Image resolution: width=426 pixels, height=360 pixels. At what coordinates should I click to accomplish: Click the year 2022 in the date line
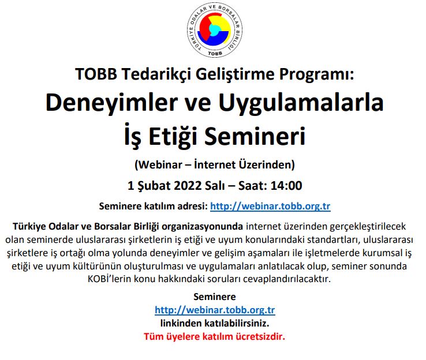(x=194, y=186)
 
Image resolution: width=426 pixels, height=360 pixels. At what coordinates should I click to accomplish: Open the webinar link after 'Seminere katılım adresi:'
(x=270, y=206)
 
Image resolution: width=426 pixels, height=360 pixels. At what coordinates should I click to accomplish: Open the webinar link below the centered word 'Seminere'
(x=215, y=310)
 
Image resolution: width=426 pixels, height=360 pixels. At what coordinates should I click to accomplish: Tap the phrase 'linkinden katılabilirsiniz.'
(x=215, y=324)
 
